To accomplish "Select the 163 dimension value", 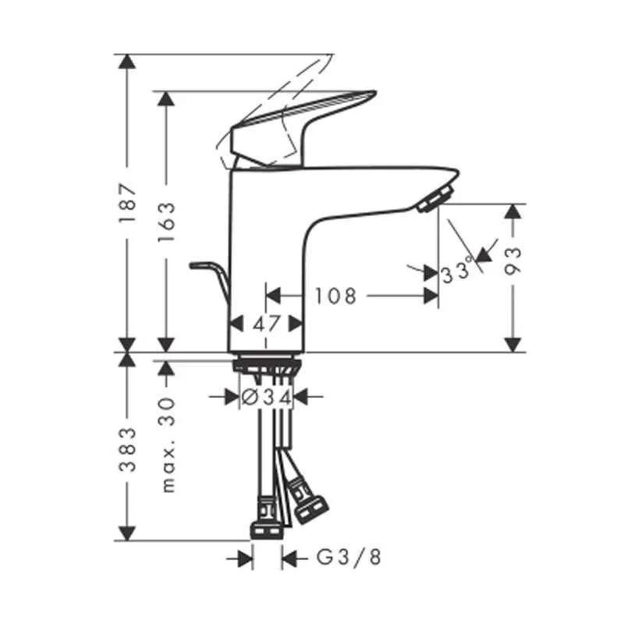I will (166, 222).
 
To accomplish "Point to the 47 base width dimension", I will (267, 323).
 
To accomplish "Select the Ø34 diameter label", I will (266, 397).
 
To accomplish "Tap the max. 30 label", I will (166, 443).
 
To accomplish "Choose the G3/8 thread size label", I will (348, 558).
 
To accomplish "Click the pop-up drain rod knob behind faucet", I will (198, 266).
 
